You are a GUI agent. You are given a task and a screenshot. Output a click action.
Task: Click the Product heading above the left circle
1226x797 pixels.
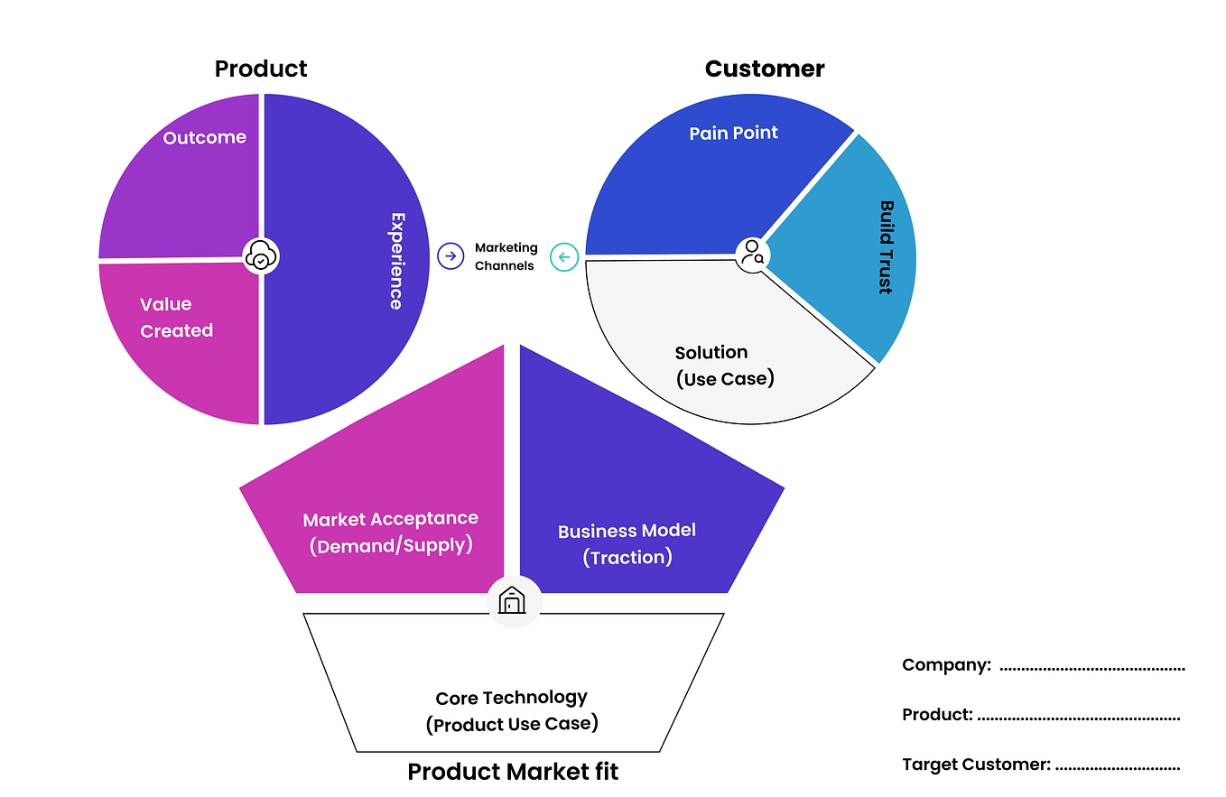coord(261,69)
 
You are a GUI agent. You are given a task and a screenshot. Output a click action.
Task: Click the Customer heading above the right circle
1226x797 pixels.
coord(764,69)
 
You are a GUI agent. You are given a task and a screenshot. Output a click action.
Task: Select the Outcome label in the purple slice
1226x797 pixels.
coord(205,137)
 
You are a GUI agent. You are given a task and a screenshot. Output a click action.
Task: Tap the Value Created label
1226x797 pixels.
coord(176,318)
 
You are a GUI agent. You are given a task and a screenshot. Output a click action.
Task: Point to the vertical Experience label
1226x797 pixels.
coord(396,261)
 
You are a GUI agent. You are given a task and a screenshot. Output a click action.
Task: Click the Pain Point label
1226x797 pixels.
coord(733,133)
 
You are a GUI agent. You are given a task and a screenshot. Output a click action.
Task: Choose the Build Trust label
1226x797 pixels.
coord(886,246)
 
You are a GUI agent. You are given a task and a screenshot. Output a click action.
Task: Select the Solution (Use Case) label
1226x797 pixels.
coord(724,366)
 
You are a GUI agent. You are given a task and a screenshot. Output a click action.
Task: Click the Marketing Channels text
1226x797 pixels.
coord(506,256)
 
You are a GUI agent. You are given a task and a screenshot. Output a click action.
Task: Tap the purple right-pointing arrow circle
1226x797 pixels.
coord(450,256)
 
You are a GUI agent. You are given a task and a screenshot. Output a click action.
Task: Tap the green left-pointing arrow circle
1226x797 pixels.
coord(564,257)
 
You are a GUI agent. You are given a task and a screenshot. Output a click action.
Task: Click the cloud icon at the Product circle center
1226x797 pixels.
coord(261,257)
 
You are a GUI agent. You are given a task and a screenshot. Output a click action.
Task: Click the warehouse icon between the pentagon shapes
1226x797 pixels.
coord(513,600)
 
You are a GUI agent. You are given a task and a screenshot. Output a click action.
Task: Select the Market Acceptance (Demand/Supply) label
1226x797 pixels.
coord(390,533)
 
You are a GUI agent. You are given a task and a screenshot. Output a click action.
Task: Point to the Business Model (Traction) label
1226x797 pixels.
coord(627,544)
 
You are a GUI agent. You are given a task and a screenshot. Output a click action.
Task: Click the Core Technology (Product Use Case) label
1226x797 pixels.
coord(511,710)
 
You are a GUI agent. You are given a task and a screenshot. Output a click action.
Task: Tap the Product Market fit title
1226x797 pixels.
coord(512,772)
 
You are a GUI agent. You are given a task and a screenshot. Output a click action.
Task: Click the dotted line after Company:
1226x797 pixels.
coord(1091,668)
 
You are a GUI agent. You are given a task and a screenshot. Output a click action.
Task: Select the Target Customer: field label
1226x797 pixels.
coord(976,765)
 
